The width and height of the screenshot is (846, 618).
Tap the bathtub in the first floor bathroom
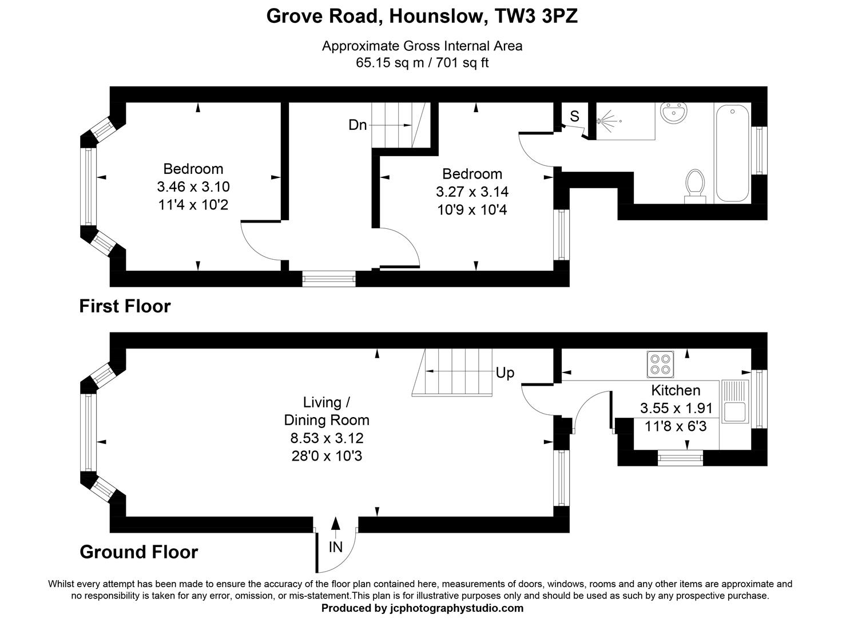732,152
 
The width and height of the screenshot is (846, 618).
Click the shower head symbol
607,121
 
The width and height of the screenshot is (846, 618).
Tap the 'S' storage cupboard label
574,116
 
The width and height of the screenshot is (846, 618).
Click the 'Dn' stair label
358,125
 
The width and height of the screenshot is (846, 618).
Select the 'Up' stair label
505,373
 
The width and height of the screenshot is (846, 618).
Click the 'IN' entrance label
336,548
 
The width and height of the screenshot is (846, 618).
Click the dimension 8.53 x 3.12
327,438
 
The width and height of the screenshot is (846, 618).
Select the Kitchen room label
676,390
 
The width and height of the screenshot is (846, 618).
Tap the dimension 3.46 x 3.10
193,187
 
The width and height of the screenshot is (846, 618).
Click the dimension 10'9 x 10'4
472,210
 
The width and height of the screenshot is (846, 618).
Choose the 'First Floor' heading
125,306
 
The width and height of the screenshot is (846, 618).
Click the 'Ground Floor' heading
139,552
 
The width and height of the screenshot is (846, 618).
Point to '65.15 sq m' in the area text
389,62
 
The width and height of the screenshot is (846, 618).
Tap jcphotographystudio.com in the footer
456,608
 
